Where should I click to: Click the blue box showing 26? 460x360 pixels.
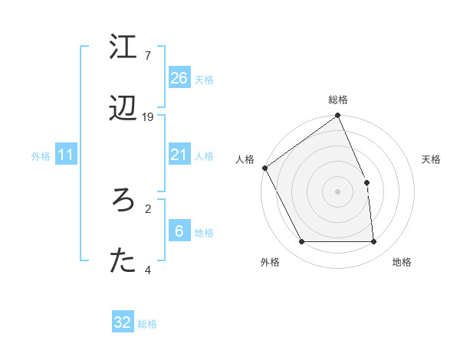179,77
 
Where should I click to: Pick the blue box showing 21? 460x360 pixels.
179,155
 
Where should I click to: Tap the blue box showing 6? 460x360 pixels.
179,231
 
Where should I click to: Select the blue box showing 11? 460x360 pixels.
66,155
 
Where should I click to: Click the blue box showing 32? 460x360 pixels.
123,322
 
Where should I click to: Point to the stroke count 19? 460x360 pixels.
148,117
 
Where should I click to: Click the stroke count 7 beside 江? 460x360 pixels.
147,55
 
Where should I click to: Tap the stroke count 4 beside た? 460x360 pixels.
148,270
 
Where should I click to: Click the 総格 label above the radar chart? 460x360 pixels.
338,100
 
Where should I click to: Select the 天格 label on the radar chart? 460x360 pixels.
431,159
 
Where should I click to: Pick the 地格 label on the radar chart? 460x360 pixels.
402,262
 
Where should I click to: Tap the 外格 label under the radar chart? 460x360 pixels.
270,262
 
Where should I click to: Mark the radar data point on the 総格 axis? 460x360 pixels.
338,116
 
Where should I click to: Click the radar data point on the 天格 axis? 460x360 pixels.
366,182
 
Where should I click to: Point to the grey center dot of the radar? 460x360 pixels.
338,191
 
